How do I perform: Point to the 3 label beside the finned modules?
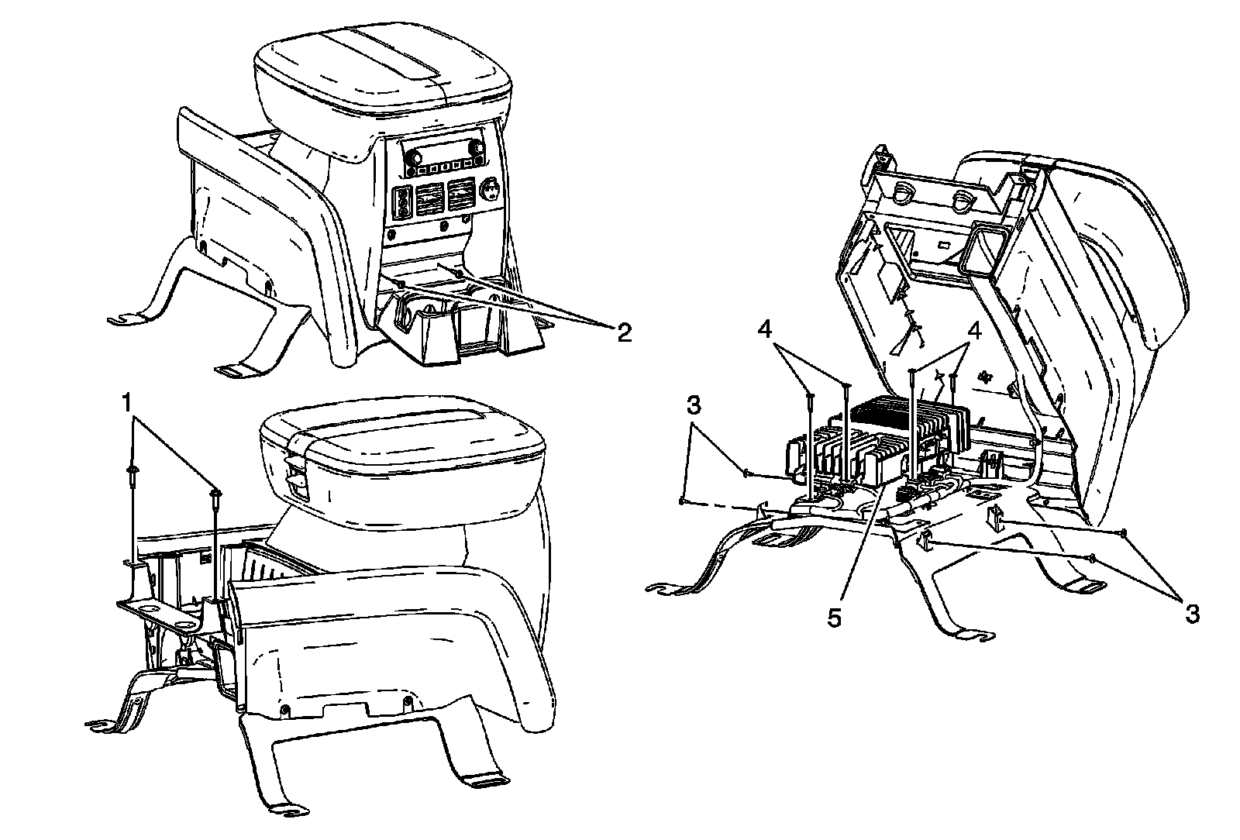tap(694, 405)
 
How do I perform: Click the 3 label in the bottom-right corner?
tap(1191, 614)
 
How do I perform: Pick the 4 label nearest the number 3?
tap(766, 329)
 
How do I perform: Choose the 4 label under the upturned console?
tap(974, 329)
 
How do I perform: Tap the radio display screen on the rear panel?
tap(443, 146)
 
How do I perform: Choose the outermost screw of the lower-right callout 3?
tap(1123, 532)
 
